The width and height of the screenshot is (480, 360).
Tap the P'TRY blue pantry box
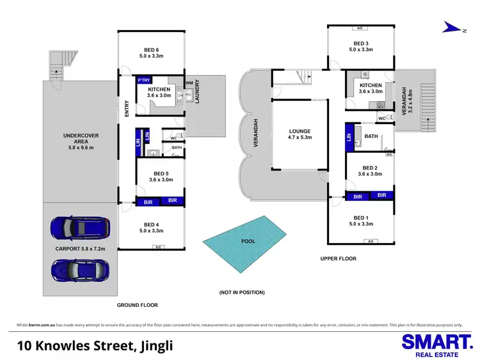143,80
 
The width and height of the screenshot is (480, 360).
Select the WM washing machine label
189,83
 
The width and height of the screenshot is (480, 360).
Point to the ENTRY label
127,109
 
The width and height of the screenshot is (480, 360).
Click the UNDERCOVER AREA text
81,139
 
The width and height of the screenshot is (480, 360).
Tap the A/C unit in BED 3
360,28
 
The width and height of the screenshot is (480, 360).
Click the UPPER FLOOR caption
339,258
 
